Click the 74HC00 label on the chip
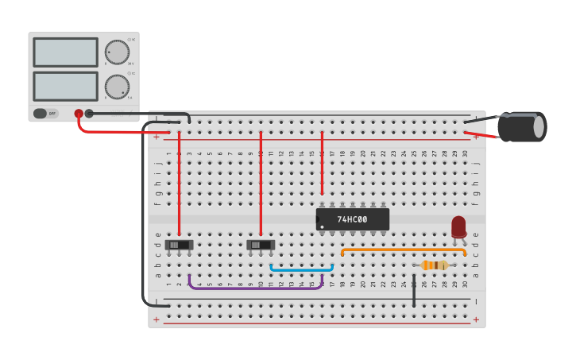[x=352, y=219]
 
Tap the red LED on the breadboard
[x=458, y=226]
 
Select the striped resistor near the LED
[x=435, y=265]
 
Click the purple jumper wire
[x=254, y=287]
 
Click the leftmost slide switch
[x=179, y=245]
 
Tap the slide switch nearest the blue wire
[x=261, y=245]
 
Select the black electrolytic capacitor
[x=521, y=127]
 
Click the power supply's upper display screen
[x=65, y=52]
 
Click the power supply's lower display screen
[x=65, y=86]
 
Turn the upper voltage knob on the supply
[x=117, y=52]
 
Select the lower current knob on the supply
[x=117, y=87]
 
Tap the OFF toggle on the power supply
[x=45, y=114]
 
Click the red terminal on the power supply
[x=79, y=114]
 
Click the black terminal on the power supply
[x=89, y=114]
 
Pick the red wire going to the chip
[x=322, y=163]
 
